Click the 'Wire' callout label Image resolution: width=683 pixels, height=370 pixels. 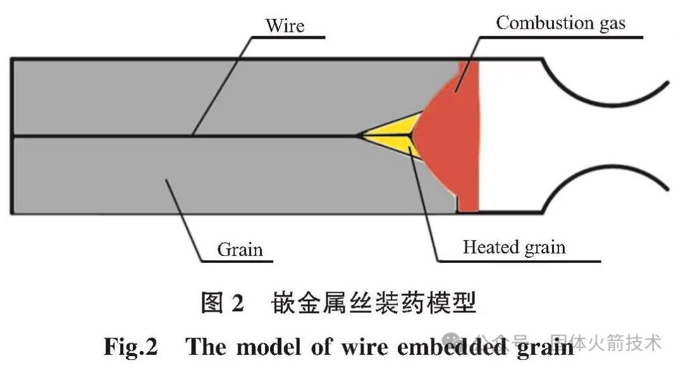285,26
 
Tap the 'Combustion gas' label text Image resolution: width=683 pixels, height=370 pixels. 560,23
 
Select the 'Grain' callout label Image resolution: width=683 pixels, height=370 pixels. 240,249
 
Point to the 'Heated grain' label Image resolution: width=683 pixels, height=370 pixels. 514,247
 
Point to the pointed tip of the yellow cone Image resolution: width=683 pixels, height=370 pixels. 359,135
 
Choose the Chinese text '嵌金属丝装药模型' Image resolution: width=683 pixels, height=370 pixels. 374,303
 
